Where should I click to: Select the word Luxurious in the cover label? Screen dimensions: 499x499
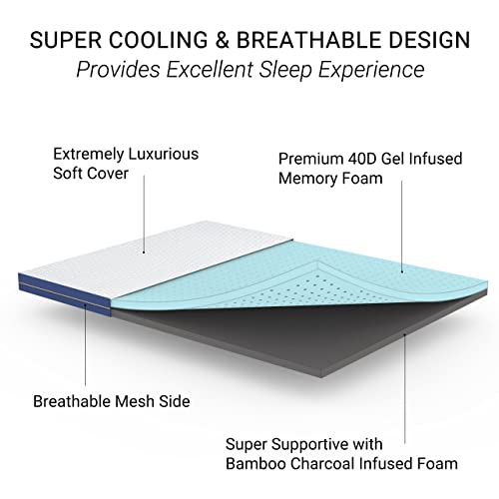pyautogui.click(x=163, y=155)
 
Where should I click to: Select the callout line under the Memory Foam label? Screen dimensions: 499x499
pyautogui.click(x=404, y=230)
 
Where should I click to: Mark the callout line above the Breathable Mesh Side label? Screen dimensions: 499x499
pyautogui.click(x=85, y=349)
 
